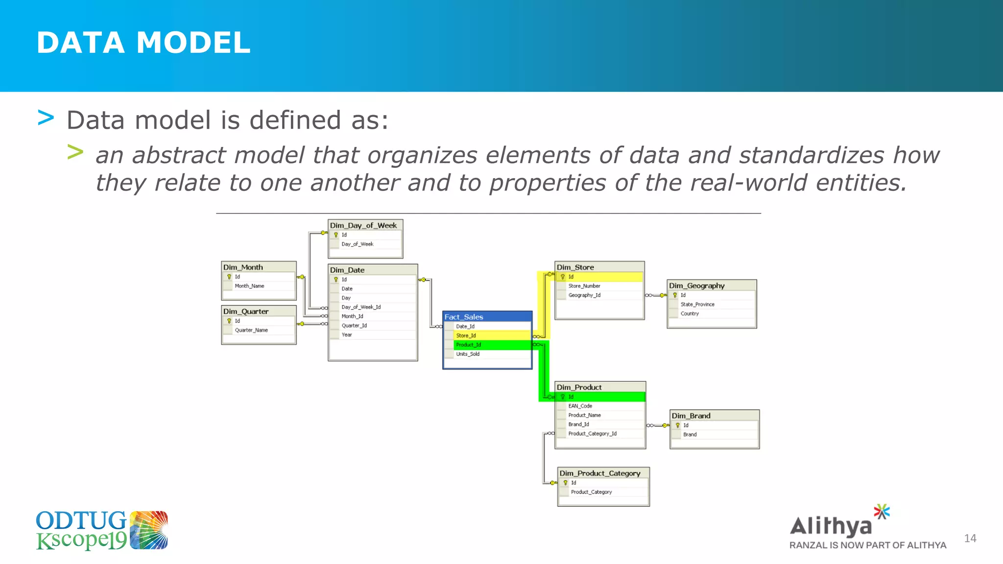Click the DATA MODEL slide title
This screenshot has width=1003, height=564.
point(143,43)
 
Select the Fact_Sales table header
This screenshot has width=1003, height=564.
point(464,317)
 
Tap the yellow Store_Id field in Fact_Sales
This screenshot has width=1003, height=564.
point(466,335)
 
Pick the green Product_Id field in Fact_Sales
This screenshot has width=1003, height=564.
point(468,345)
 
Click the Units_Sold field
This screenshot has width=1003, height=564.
point(468,354)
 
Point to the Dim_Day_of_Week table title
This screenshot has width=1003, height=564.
point(363,225)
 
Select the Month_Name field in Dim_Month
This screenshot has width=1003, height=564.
point(249,286)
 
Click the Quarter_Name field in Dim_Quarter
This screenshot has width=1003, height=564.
point(251,330)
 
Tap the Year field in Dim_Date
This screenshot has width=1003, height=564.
point(347,335)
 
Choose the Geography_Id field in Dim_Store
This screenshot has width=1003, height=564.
point(584,295)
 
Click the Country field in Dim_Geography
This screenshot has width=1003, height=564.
point(690,313)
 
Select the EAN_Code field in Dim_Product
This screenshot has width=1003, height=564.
point(580,406)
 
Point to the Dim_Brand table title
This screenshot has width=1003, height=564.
point(691,416)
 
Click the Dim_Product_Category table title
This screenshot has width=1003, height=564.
point(600,473)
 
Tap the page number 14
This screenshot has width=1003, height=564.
point(970,539)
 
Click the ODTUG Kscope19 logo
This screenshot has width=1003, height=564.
point(101,530)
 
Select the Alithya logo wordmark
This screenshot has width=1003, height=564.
point(831,526)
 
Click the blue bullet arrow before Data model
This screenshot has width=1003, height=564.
point(46,118)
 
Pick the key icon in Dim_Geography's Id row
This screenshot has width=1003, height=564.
point(675,295)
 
